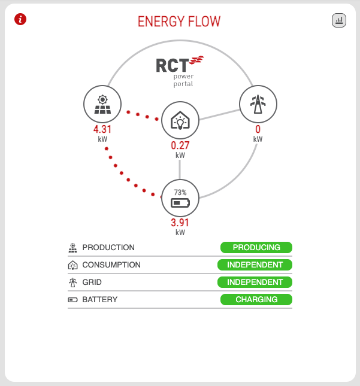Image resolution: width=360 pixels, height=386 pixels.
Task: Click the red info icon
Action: [20, 19]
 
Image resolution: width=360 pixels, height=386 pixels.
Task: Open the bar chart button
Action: [339, 20]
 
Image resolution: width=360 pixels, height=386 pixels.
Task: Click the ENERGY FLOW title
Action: [179, 22]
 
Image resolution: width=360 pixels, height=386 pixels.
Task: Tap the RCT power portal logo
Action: [180, 72]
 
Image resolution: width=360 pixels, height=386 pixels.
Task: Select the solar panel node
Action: [102, 104]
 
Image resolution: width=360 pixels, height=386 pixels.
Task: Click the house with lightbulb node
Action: [180, 120]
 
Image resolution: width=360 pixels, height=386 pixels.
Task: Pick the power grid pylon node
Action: [258, 104]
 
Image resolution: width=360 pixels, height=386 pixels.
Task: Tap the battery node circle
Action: [180, 198]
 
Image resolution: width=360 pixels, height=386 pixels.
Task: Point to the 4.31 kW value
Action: [102, 133]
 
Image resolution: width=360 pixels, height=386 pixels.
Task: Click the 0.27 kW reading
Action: [180, 150]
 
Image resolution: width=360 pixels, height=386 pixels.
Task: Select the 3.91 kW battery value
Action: [180, 227]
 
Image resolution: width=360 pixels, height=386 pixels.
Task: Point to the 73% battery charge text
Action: [180, 192]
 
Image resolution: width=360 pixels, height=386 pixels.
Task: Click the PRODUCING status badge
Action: [256, 247]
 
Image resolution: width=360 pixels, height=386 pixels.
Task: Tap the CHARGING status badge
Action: [256, 299]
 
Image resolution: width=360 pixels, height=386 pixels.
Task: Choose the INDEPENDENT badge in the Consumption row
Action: [255, 265]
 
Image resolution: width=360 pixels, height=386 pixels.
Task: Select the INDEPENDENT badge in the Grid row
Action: [255, 282]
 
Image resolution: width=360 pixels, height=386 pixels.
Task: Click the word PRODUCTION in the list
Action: [108, 247]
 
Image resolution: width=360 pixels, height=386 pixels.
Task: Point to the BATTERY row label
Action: [100, 299]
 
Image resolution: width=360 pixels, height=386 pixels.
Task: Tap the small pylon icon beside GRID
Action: [72, 282]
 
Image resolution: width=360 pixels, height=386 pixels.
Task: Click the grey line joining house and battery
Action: [180, 169]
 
